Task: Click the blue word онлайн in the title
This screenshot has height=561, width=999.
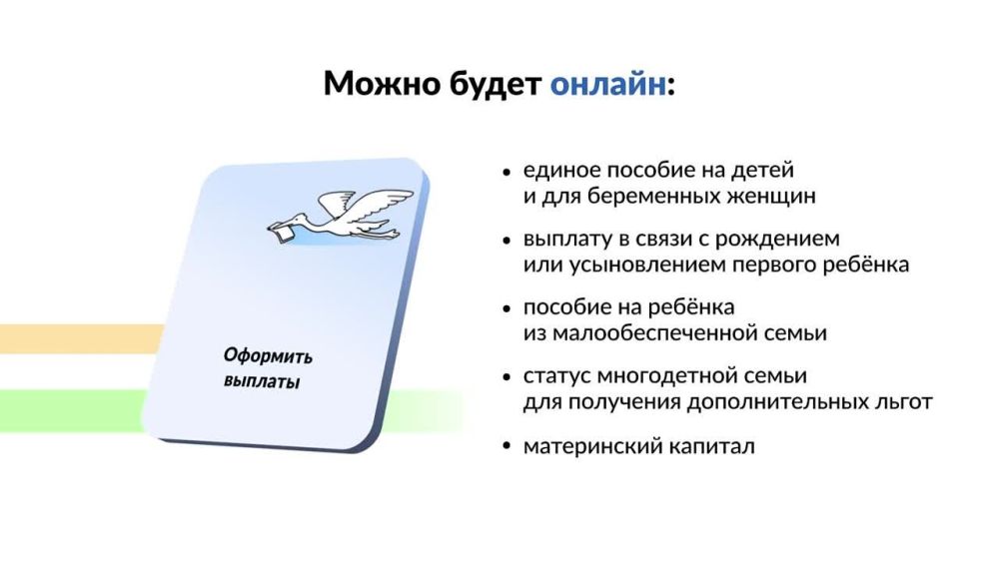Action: [x=606, y=84]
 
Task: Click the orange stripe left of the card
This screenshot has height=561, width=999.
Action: [x=80, y=338]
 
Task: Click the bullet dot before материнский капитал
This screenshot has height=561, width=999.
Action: [x=507, y=446]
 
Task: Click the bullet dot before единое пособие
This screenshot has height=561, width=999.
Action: [x=507, y=171]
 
